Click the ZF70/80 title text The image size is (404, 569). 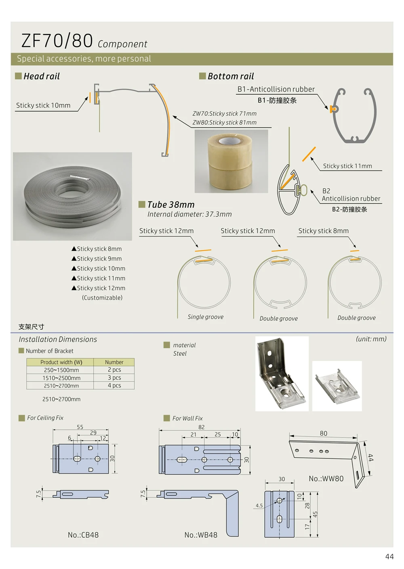(x=57, y=41)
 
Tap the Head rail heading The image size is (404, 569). (x=41, y=76)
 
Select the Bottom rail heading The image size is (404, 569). (x=231, y=76)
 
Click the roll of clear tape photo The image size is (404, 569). (x=231, y=161)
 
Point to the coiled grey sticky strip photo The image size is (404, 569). (x=72, y=196)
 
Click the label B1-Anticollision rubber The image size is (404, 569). (x=276, y=89)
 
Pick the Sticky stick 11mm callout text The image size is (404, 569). (x=347, y=166)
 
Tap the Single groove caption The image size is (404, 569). (x=205, y=317)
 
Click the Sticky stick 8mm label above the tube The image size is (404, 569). (x=323, y=231)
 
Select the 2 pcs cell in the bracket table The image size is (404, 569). (x=114, y=370)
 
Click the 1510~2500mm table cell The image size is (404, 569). (x=61, y=378)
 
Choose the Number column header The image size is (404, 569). (x=114, y=362)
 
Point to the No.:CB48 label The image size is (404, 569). (x=83, y=535)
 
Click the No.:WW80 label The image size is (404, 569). (x=326, y=479)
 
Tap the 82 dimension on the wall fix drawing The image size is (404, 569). (x=201, y=427)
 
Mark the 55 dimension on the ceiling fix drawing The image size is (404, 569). (x=80, y=427)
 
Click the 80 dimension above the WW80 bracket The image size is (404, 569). (x=324, y=433)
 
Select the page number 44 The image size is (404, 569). (x=389, y=557)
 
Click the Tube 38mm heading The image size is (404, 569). (x=171, y=205)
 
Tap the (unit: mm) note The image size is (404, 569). (x=371, y=339)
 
